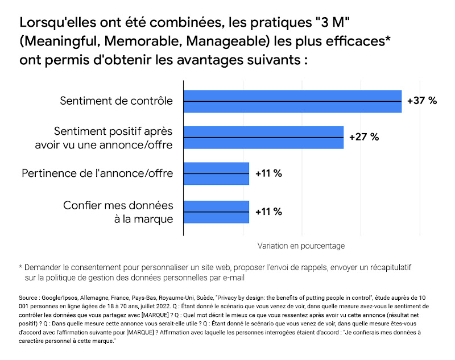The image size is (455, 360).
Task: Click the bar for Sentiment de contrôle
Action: pyautogui.click(x=292, y=101)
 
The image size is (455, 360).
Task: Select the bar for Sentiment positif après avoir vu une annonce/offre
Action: pyautogui.click(x=263, y=137)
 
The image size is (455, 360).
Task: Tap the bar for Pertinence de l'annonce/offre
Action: pyautogui.click(x=216, y=173)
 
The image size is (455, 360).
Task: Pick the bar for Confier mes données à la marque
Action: pyautogui.click(x=216, y=212)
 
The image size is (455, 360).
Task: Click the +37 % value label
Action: pyautogui.click(x=422, y=101)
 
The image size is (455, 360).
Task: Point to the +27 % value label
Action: pyautogui.click(x=363, y=137)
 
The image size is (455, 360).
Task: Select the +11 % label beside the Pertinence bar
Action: pyautogui.click(x=268, y=173)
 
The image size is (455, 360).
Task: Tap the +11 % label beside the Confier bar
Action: pyautogui.click(x=268, y=212)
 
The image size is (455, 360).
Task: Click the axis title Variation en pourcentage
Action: pyautogui.click(x=301, y=246)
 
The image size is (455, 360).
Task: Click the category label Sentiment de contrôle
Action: pyautogui.click(x=116, y=101)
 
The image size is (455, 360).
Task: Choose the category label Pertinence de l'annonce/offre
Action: pyautogui.click(x=97, y=173)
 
